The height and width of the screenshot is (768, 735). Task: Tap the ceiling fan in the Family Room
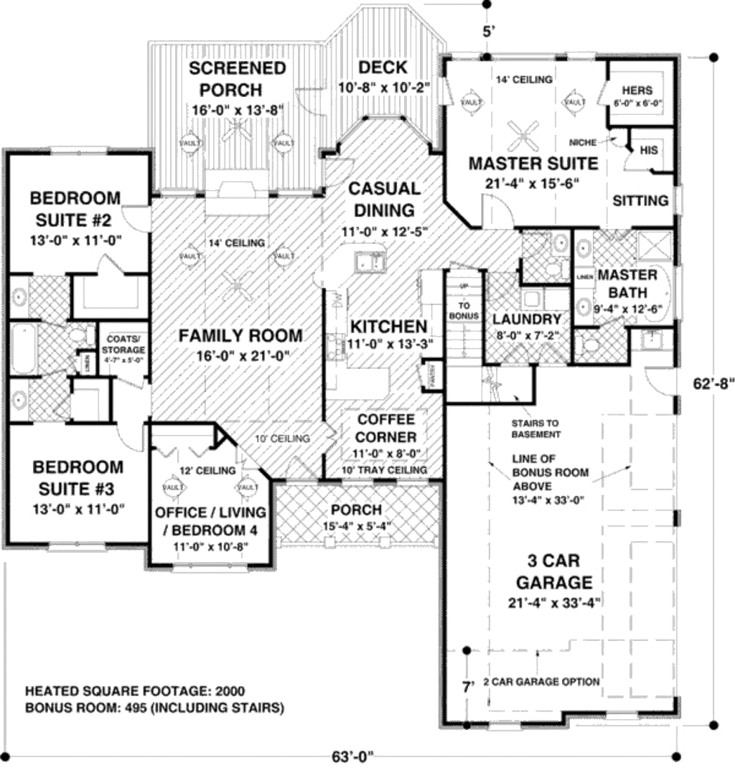coord(237,287)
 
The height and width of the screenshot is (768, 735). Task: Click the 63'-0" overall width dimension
coord(354,757)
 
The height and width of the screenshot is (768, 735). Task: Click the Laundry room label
coord(526,319)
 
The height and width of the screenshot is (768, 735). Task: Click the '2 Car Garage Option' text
coord(541,681)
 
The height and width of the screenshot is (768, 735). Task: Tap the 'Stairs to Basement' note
coord(535,429)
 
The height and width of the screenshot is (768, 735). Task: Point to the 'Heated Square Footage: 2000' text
coord(135,692)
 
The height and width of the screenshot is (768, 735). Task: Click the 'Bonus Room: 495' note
coord(154,708)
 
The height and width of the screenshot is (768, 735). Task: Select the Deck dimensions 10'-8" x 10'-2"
coord(383,88)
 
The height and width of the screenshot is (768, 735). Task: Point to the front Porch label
coord(357,510)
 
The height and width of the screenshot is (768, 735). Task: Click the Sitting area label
coord(640,201)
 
